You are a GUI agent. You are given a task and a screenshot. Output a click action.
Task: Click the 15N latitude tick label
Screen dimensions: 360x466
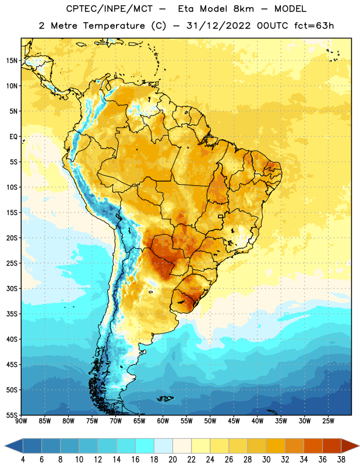point(12,61)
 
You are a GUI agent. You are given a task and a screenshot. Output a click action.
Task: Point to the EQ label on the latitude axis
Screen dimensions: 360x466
point(13,137)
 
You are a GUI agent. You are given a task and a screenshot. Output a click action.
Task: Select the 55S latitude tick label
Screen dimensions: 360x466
point(12,415)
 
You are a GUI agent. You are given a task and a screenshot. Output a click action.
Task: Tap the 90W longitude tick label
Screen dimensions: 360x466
point(22,421)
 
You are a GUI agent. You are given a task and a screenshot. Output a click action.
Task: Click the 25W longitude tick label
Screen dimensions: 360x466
point(329,421)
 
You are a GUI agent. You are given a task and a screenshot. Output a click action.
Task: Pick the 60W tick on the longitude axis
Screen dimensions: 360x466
point(163,421)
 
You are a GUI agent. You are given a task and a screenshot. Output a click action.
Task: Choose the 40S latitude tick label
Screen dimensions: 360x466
point(12,339)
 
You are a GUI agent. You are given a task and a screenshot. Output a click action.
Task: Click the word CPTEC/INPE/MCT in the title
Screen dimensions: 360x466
point(110,9)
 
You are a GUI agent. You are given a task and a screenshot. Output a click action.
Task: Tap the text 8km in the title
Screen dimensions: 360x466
point(243,9)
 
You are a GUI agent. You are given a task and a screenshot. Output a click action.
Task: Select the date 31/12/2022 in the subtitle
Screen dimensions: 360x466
point(219,26)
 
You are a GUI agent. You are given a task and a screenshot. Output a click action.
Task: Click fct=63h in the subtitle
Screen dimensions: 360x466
point(314,26)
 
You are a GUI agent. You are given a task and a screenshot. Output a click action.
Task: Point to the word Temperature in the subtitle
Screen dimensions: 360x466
point(114,26)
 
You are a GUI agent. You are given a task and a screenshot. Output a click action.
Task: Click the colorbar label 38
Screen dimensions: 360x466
point(341,460)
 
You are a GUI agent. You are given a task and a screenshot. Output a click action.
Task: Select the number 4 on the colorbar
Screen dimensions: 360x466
point(23,460)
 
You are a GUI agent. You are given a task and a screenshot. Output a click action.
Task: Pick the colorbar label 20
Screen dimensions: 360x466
point(172,460)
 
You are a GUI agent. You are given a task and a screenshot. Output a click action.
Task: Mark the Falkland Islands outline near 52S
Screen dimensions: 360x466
point(164,398)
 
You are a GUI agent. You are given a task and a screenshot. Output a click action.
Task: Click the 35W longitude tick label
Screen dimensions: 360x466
point(281,421)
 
